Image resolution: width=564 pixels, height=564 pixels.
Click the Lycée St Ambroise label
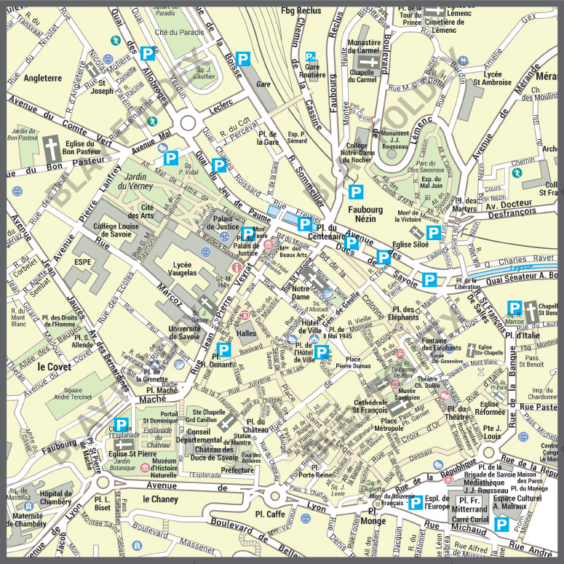click(x=493, y=78)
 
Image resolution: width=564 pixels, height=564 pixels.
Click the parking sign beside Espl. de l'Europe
click(x=415, y=501)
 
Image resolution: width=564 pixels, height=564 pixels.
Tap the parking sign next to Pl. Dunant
click(x=225, y=350)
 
